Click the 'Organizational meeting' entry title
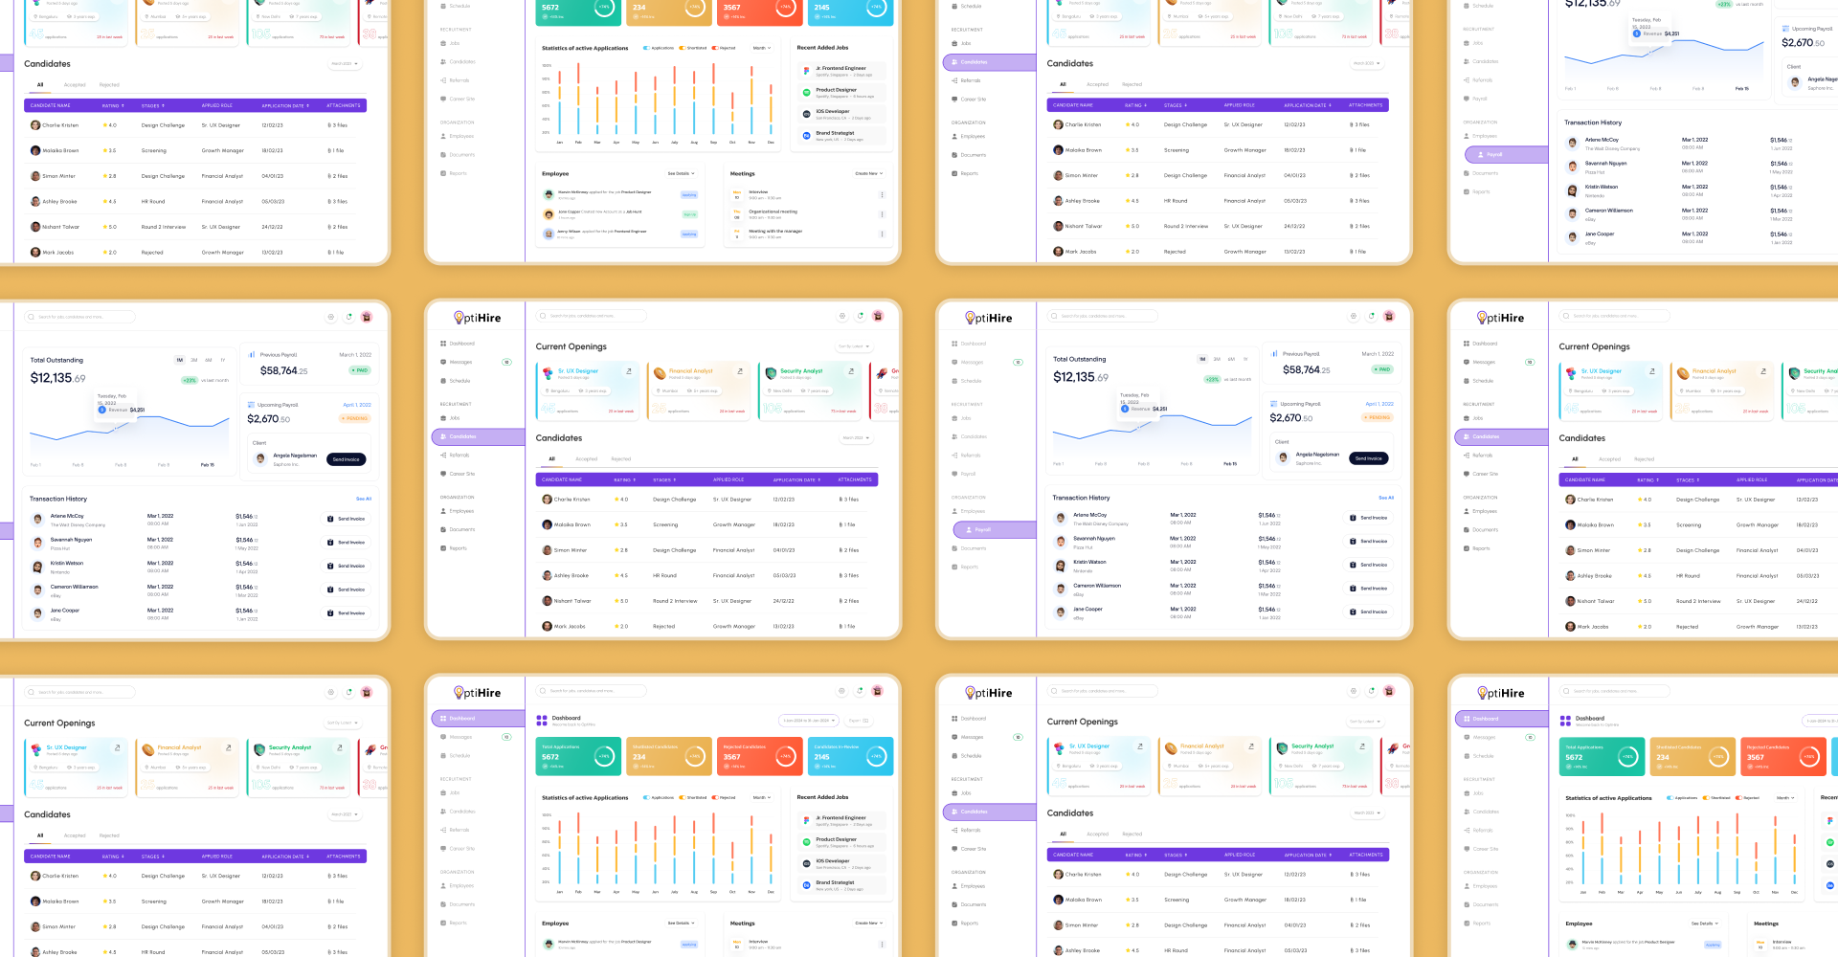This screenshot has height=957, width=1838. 773,211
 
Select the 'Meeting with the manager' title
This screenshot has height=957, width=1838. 775,231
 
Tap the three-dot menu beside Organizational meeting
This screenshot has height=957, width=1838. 882,214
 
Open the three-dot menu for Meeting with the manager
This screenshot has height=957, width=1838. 882,234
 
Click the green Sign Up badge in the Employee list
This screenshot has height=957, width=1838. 689,214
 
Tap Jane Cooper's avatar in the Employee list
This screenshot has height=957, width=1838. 549,214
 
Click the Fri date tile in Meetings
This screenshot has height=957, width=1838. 737,234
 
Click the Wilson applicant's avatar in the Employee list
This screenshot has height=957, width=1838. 549,234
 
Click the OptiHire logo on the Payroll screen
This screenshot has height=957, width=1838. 988,318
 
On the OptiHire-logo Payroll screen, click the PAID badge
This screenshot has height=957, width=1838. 1382,369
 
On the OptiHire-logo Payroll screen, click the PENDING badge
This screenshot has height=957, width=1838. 1378,417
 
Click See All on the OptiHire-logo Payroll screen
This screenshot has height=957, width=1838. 1385,498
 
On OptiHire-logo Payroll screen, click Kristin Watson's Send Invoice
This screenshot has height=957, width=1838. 1368,565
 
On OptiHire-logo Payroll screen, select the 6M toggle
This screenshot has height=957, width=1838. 1231,360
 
